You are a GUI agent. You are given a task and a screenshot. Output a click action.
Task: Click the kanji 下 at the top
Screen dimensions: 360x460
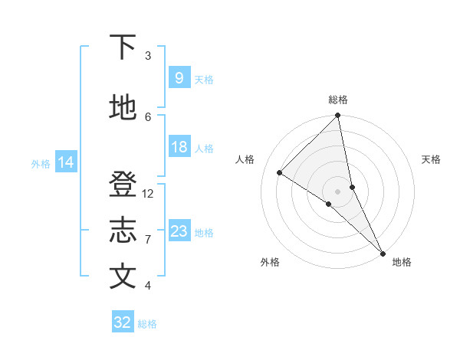(123, 47)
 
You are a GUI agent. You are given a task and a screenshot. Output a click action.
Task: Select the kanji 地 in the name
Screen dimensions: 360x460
(123, 109)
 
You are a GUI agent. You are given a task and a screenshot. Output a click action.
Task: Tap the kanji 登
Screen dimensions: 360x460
(123, 185)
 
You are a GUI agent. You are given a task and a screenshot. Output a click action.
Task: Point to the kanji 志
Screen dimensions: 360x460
(123, 231)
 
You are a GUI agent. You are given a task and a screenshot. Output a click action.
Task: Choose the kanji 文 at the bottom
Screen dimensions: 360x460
(123, 277)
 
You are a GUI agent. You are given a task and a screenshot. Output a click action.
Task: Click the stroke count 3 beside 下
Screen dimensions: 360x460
(148, 56)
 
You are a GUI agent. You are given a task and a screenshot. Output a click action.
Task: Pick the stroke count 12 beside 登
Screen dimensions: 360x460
(149, 194)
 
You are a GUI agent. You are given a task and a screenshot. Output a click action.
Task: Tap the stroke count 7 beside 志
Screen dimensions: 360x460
(148, 240)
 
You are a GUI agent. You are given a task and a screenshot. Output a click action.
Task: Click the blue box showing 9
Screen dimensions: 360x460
(179, 78)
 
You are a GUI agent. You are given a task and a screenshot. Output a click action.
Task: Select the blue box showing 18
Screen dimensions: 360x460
(179, 147)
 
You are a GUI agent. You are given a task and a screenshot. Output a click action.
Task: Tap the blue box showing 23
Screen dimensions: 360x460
(179, 231)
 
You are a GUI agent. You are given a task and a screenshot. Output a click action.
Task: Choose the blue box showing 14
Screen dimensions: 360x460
(66, 162)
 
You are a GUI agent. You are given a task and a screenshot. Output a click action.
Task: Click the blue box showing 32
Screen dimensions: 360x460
(122, 322)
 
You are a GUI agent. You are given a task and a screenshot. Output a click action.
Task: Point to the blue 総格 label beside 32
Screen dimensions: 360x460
(147, 324)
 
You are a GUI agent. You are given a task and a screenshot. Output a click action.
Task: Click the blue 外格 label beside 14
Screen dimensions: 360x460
(41, 163)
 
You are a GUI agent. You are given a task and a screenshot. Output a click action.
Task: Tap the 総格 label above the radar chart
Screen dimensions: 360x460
(338, 100)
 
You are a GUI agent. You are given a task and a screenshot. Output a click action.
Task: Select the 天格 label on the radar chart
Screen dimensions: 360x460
(431, 159)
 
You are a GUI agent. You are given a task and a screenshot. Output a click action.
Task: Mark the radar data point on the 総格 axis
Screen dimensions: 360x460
(338, 116)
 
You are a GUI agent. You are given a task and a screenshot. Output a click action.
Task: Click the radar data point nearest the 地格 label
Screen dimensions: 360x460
(381, 252)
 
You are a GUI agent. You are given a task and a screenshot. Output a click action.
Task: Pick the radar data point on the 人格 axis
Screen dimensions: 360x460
(280, 172)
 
